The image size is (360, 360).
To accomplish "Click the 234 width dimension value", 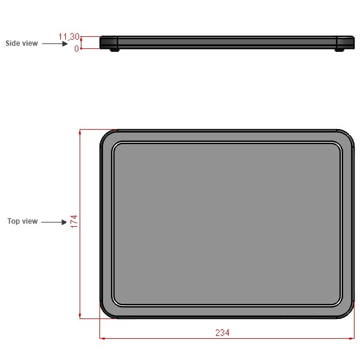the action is click(223, 333).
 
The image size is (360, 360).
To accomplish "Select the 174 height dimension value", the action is click(74, 221).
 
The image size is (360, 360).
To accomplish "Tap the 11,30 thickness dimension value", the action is click(69, 37).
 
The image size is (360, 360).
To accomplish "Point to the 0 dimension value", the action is click(77, 49).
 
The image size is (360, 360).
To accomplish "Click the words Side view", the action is click(22, 43).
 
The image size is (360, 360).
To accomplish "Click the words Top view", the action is click(22, 221).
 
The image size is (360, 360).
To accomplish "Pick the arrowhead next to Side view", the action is click(65, 43).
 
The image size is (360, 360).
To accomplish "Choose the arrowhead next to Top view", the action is click(64, 222).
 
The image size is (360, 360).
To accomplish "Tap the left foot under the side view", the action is click(115, 50).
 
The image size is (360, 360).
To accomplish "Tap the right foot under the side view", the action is click(339, 50).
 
